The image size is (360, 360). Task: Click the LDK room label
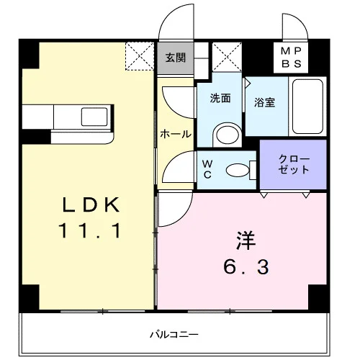91,204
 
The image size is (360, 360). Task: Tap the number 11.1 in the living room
90,230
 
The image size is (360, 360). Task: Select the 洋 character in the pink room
246,240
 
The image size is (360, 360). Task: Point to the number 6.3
246,267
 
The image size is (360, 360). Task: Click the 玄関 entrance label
176,58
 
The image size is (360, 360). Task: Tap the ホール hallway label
176,134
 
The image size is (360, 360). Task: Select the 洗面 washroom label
220,98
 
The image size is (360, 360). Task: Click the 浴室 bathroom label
264,102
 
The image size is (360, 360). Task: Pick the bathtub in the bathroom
307,107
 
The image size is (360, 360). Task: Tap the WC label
207,169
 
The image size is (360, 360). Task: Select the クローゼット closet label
294,164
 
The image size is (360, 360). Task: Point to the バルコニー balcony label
174,334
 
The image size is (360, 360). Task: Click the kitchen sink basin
94,117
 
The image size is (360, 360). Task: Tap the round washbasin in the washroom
228,135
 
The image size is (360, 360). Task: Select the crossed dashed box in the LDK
140,56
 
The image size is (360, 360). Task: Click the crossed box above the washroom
227,57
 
